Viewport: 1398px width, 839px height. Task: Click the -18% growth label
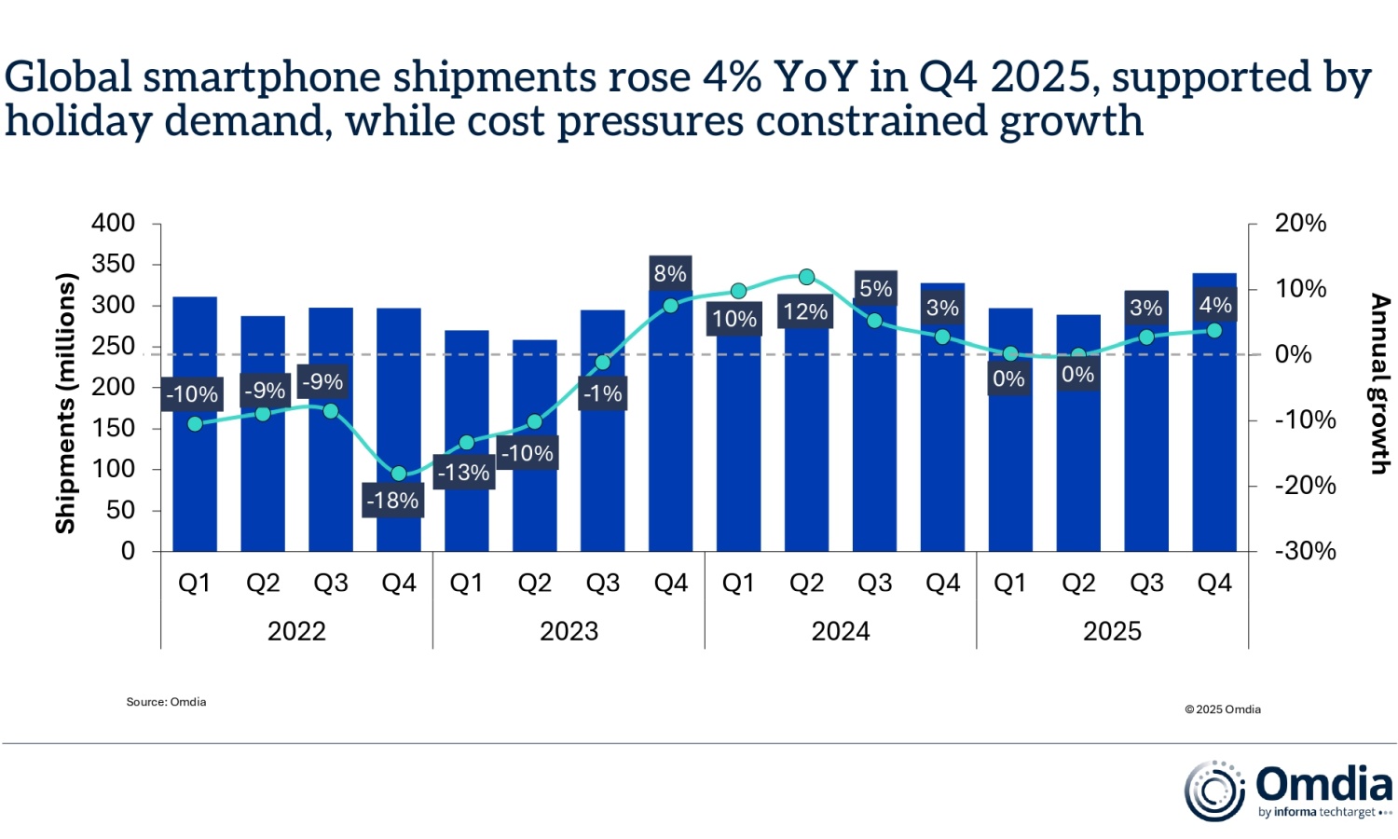point(392,501)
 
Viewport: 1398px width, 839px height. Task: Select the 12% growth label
point(805,311)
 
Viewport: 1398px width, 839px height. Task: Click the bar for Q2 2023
point(535,503)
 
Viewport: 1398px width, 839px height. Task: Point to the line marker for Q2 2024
point(807,277)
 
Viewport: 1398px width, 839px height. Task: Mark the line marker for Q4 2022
point(399,474)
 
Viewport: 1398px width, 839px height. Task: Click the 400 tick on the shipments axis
point(113,224)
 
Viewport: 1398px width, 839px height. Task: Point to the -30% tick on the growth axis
point(1305,551)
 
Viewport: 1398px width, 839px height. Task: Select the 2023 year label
point(569,631)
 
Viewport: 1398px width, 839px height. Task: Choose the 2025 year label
point(1112,631)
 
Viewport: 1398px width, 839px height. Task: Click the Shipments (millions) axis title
point(64,403)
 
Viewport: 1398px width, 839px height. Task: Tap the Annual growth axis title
point(1379,384)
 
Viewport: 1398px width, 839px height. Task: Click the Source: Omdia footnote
point(166,702)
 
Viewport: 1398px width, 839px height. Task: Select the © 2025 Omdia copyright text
point(1222,709)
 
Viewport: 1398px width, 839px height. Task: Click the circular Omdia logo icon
point(1214,791)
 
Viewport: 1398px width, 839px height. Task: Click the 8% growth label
point(670,273)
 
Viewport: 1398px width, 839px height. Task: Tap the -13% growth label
point(464,473)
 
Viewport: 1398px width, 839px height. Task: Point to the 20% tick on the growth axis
point(1300,224)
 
